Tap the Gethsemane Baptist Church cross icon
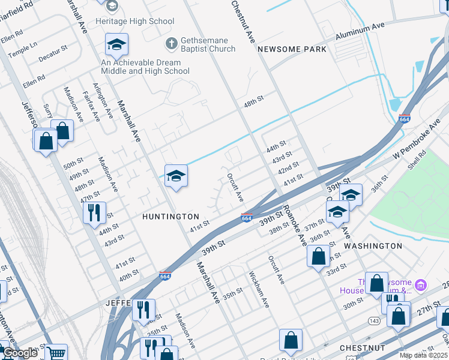tap(171, 44)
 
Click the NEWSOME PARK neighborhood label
tap(292, 49)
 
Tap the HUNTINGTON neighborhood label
tap(170, 216)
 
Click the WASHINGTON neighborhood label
tap(373, 246)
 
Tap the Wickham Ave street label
tap(259, 290)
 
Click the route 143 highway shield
tap(373, 321)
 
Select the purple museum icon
tap(421, 284)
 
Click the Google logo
tap(19, 353)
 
